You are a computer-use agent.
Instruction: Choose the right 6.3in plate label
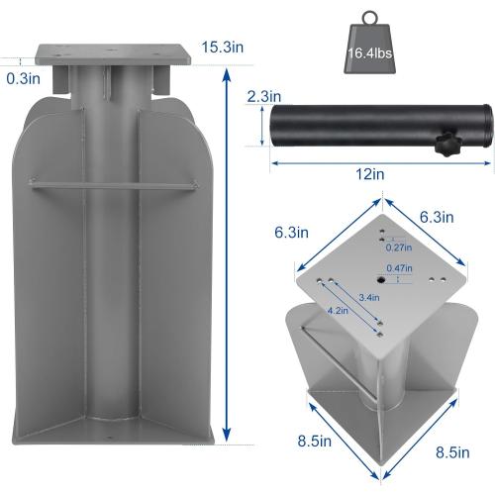click(x=436, y=217)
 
